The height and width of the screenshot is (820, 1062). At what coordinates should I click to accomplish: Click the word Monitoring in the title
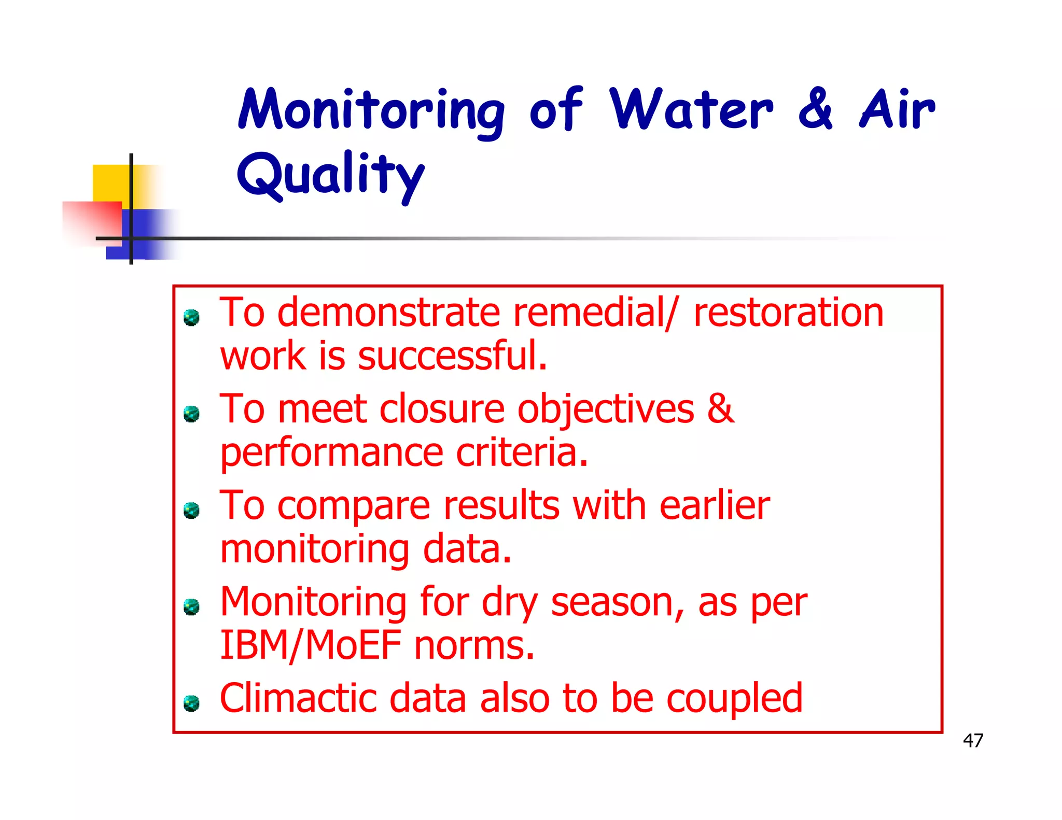click(371, 110)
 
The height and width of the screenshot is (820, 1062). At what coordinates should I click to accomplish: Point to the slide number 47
click(972, 740)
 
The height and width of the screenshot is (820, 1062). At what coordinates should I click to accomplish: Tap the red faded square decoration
click(92, 222)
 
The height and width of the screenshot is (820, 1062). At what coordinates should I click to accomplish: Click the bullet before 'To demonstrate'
click(191, 317)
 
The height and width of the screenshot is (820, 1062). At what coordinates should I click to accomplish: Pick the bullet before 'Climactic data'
click(191, 703)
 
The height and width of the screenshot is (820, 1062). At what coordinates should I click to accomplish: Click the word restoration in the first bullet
click(788, 313)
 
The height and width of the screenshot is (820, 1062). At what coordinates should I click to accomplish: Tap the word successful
click(452, 357)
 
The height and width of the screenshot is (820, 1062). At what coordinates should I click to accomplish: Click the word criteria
click(522, 453)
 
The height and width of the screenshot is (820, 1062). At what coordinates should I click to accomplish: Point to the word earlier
click(714, 506)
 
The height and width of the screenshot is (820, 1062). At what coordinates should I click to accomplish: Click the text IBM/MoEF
click(311, 646)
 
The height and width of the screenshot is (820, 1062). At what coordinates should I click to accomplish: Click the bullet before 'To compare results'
click(191, 510)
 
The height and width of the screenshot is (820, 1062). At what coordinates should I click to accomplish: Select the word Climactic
click(298, 699)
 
